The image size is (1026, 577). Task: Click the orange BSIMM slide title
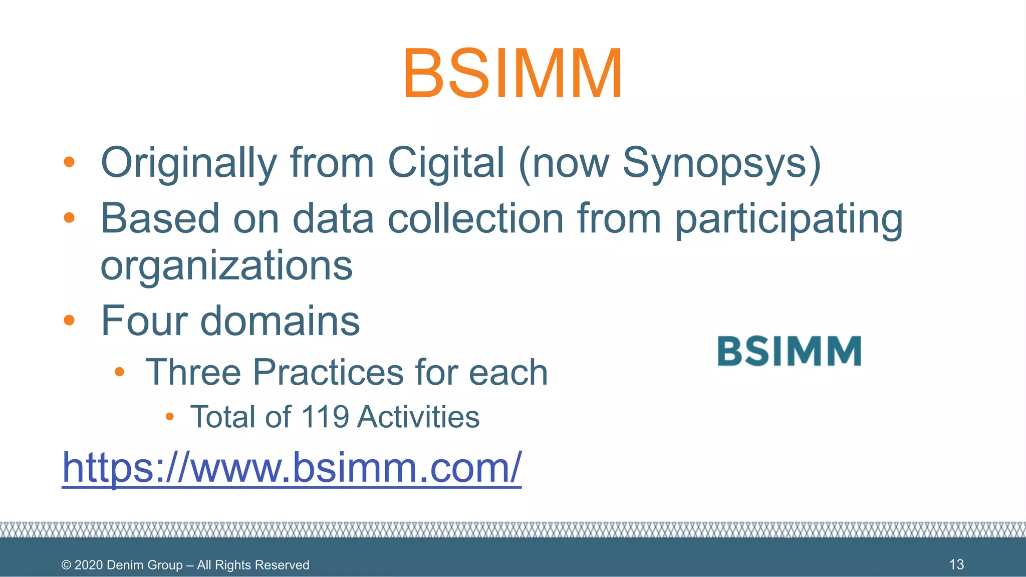(x=512, y=74)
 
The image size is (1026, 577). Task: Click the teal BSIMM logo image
(x=789, y=351)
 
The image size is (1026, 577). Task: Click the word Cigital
(x=445, y=163)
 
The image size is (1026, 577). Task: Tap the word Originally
(x=189, y=163)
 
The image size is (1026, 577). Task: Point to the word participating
(x=789, y=219)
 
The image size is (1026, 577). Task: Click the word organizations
(x=226, y=265)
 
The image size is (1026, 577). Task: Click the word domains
(x=280, y=321)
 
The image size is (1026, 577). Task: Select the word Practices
(x=328, y=373)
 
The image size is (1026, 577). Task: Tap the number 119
(x=325, y=417)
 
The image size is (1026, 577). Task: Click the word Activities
(x=418, y=417)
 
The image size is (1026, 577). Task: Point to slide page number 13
(x=956, y=564)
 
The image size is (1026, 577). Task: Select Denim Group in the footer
(x=144, y=565)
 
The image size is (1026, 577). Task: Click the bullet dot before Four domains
(x=69, y=320)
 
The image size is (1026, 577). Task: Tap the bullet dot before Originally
(x=69, y=162)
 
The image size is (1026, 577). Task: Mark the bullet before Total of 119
(x=169, y=416)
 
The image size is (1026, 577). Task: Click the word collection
(x=475, y=219)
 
